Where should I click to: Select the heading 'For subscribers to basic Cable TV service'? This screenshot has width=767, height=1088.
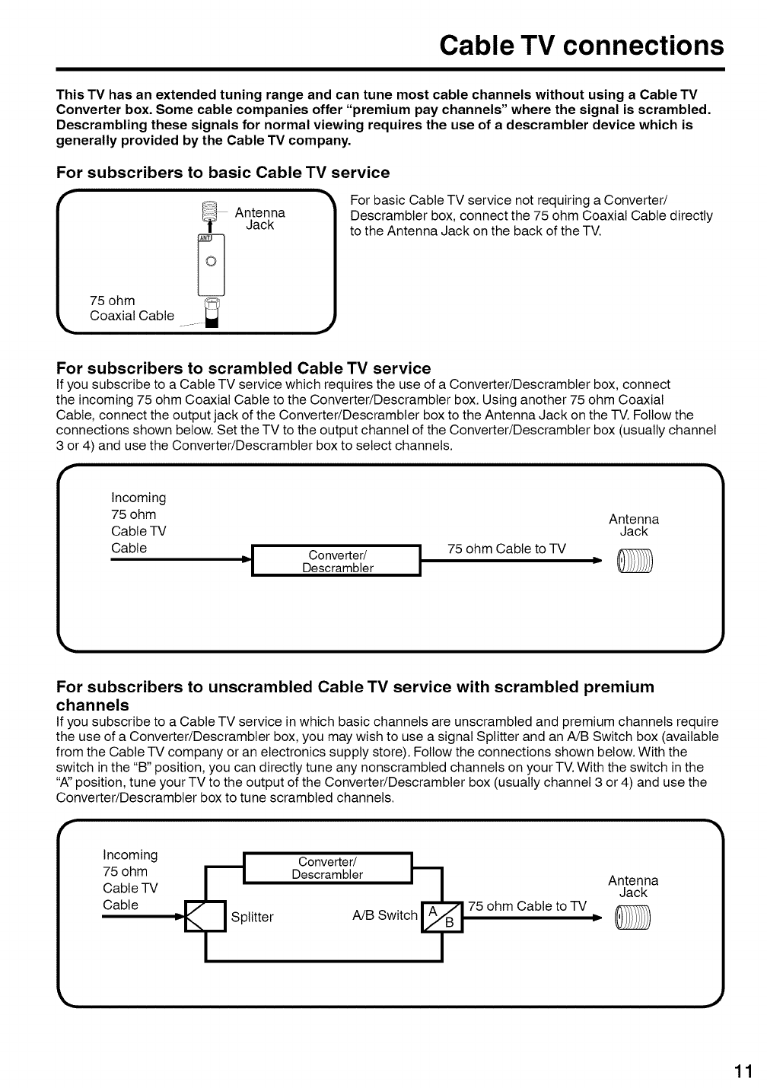[x=223, y=173]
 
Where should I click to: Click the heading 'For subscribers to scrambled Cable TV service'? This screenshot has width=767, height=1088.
[x=243, y=368]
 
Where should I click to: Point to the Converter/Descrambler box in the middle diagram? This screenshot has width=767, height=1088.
[x=337, y=561]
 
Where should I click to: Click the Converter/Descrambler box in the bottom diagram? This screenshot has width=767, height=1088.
[x=327, y=868]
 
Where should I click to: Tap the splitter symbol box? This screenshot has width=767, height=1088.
[x=207, y=916]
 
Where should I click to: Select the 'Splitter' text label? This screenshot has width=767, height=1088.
[x=252, y=918]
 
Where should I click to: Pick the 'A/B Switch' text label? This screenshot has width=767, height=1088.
[x=385, y=915]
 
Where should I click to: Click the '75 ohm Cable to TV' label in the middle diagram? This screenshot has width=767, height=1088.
[x=507, y=549]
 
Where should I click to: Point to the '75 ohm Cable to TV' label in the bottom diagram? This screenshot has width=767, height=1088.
[x=527, y=906]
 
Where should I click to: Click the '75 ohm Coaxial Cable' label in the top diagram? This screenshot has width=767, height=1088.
[x=132, y=308]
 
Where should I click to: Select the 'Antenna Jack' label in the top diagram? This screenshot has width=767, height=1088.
[x=259, y=218]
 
